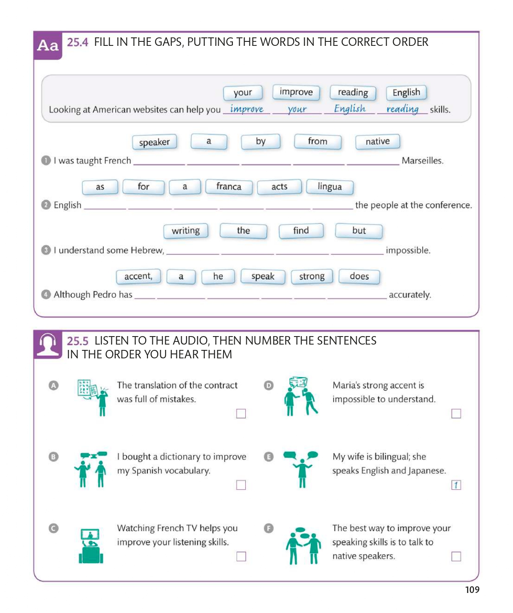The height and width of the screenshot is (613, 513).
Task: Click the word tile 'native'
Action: click(377, 142)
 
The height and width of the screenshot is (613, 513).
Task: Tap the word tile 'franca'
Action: click(228, 187)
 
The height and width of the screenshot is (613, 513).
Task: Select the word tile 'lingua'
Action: click(330, 187)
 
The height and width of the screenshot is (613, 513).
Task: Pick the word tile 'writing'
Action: click(186, 231)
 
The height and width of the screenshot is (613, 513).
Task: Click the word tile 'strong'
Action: click(312, 276)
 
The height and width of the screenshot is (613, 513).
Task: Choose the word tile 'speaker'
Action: click(154, 142)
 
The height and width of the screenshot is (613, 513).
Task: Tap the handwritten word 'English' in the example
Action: click(350, 109)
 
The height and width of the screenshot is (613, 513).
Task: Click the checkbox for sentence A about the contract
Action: click(241, 414)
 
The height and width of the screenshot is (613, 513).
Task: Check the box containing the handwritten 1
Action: click(456, 485)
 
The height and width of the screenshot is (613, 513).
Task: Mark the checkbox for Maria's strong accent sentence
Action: click(456, 414)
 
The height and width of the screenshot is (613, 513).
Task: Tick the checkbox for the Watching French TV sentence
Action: click(241, 556)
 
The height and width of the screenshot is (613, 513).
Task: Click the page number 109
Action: click(472, 590)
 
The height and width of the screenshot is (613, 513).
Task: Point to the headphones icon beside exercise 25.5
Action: click(48, 345)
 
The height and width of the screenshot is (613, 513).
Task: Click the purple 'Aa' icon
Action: click(48, 45)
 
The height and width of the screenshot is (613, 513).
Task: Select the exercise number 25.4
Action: click(77, 42)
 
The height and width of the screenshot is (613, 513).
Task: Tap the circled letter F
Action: click(269, 528)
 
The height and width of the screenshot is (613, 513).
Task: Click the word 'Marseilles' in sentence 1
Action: click(422, 161)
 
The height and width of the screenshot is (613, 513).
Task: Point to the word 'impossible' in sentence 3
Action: click(408, 250)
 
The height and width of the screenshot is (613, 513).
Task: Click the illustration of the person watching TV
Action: click(91, 546)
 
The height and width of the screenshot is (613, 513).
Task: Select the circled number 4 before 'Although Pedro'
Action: click(46, 295)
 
